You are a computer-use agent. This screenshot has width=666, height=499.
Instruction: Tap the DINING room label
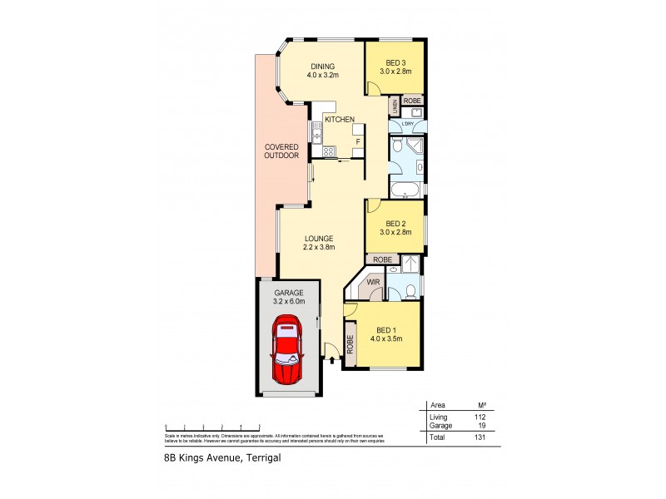[x=322, y=68]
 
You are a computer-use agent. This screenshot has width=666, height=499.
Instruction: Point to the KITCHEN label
[x=340, y=120]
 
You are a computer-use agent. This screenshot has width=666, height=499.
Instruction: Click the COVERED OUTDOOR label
[x=281, y=151]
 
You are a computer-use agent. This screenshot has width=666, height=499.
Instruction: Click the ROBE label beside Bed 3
[x=413, y=101]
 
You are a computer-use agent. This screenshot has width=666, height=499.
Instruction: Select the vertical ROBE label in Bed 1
[x=350, y=344]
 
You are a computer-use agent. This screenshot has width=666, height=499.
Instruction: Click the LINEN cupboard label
[x=394, y=106]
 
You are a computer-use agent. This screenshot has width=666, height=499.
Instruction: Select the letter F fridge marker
[x=357, y=142]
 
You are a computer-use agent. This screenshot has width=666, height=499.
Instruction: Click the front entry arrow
[x=332, y=359]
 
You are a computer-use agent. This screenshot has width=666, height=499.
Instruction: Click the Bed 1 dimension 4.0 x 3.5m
[x=387, y=338]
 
